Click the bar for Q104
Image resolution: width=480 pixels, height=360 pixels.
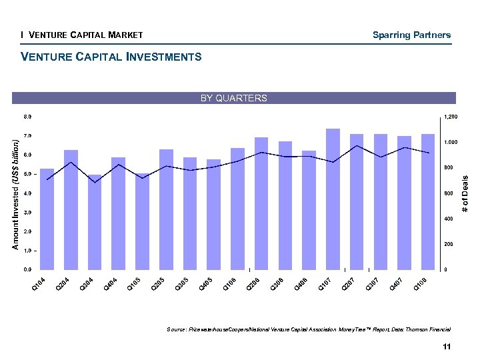click(x=47, y=219)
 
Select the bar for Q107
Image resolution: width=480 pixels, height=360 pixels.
click(x=333, y=199)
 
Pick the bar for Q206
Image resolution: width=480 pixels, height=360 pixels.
click(x=261, y=203)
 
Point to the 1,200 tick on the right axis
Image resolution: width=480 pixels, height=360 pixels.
click(x=451, y=117)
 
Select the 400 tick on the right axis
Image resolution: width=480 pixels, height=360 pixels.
click(x=448, y=219)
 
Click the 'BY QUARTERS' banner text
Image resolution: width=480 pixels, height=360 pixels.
click(x=234, y=98)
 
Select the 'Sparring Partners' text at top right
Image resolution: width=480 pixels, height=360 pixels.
click(x=411, y=35)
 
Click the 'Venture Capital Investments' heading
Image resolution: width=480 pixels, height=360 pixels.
click(x=111, y=57)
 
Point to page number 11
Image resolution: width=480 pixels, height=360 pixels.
click(x=446, y=346)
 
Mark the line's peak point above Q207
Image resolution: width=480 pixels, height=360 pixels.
click(x=357, y=145)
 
